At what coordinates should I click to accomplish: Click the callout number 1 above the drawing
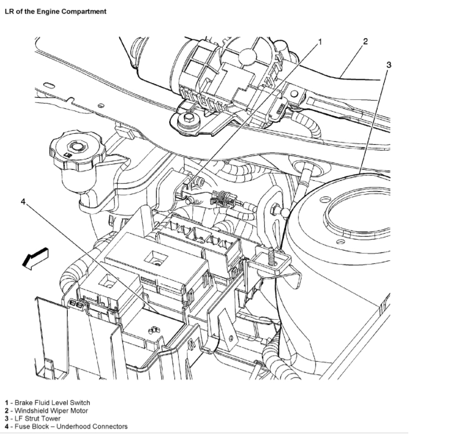pyautogui.click(x=320, y=42)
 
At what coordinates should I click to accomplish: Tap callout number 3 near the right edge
pyautogui.click(x=388, y=65)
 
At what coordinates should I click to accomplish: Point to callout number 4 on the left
pyautogui.click(x=24, y=202)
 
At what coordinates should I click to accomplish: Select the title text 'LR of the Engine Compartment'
pyautogui.click(x=55, y=11)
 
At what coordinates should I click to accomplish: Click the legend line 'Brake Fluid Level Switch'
pyautogui.click(x=47, y=403)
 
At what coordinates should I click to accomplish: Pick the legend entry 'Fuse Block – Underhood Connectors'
pyautogui.click(x=66, y=426)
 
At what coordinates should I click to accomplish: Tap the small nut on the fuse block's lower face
pyautogui.click(x=152, y=330)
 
